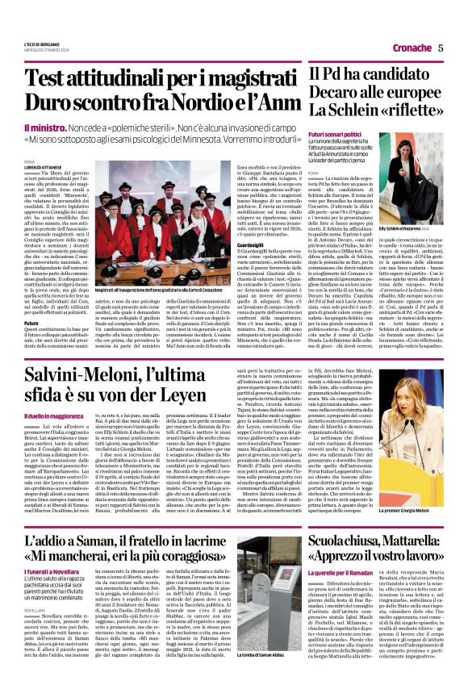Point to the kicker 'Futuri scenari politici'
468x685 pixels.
(x=338, y=134)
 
